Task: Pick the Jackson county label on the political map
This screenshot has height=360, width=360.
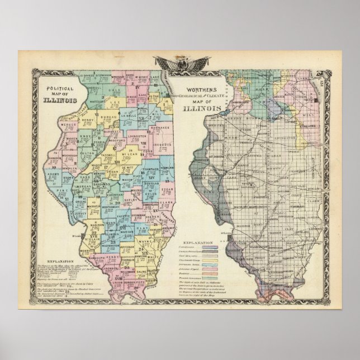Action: [112, 268]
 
